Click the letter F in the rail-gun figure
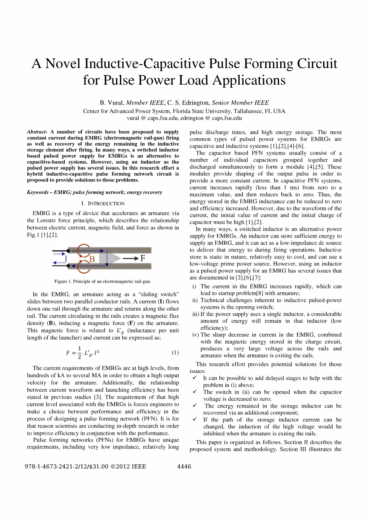143,259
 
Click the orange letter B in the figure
92,259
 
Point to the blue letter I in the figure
66,259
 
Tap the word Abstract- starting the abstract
37,132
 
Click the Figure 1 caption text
103,281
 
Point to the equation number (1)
175,352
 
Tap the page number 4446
184,466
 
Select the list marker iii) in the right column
196,314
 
